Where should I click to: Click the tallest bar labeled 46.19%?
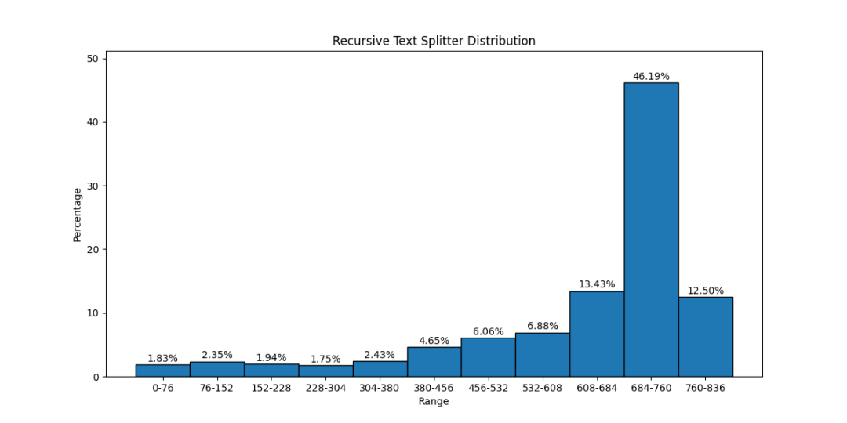[x=651, y=230]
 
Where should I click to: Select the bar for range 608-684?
[x=597, y=334]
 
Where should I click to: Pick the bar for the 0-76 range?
[x=162, y=371]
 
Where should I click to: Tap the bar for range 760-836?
[x=706, y=337]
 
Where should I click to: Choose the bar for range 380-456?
[x=434, y=361]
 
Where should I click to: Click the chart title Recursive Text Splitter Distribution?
[x=434, y=41]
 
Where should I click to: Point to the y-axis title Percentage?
[x=78, y=215]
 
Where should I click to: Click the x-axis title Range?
[x=434, y=401]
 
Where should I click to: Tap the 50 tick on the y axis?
[x=93, y=59]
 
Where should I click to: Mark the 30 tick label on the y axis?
[x=93, y=186]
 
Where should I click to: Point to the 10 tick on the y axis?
[x=93, y=313]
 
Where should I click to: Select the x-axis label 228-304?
[x=325, y=388]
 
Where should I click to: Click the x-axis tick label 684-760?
[x=651, y=388]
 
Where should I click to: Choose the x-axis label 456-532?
[x=489, y=388]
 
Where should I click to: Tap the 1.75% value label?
[x=325, y=359]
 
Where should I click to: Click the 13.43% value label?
[x=597, y=284]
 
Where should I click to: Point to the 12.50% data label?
[x=706, y=291]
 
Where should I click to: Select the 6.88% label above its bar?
[x=543, y=326]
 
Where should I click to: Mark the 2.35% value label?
[x=217, y=355]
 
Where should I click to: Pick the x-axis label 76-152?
[x=217, y=388]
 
